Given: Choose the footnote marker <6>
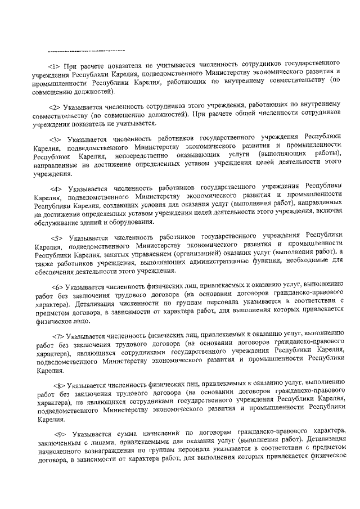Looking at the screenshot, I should (x=58, y=286).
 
